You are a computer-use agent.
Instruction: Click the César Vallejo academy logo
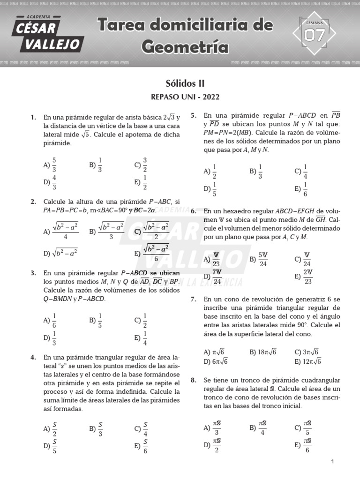pyautogui.click(x=49, y=34)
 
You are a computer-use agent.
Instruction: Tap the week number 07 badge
pyautogui.click(x=314, y=35)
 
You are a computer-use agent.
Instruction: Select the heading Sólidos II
pyautogui.click(x=185, y=83)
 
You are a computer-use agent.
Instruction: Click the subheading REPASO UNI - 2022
pyautogui.click(x=185, y=97)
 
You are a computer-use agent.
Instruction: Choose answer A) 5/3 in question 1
pyautogui.click(x=50, y=165)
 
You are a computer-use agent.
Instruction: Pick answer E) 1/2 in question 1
pyautogui.click(x=141, y=182)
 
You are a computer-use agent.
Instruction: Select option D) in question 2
pyautogui.click(x=60, y=253)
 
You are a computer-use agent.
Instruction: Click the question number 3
pyautogui.click(x=33, y=272)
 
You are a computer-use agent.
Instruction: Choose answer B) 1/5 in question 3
pyautogui.click(x=96, y=321)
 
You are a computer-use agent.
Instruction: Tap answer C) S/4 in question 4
pyautogui.click(x=141, y=428)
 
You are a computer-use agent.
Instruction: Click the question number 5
pyautogui.click(x=194, y=115)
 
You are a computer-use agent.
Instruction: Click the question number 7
pyautogui.click(x=194, y=299)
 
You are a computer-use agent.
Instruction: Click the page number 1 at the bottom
pyautogui.click(x=332, y=462)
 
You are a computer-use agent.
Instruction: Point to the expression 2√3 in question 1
pyautogui.click(x=168, y=117)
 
